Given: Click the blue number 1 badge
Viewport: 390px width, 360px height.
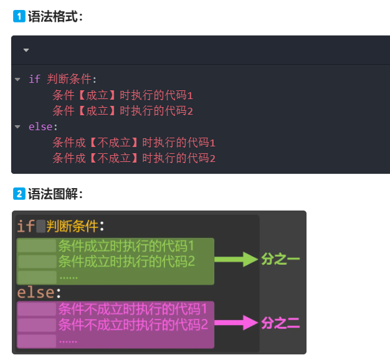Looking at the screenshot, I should pos(19,17).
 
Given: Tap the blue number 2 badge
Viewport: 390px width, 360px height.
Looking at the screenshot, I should pos(19,194).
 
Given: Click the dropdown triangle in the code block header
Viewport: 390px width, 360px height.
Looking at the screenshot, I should pos(26,50).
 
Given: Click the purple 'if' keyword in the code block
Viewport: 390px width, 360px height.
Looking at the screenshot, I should pos(34,80).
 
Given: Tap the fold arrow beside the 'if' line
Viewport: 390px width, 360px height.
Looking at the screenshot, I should pos(17,80).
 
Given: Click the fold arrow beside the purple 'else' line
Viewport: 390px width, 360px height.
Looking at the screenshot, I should pos(17,127).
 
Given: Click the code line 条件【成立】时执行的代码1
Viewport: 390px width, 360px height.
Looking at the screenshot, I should pos(123,95).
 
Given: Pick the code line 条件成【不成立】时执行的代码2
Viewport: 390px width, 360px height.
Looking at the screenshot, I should pos(134,158).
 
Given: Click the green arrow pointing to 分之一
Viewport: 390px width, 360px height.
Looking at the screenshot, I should pos(237,260).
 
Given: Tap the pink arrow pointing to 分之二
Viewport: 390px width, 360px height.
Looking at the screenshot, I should pos(237,323).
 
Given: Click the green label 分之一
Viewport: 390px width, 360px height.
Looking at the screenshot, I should pos(280,260).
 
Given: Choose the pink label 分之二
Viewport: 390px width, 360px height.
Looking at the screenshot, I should pos(280,323).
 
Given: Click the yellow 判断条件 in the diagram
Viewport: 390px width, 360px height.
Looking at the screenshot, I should pos(72,225).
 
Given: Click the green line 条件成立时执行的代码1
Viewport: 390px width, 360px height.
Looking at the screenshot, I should pos(126,245).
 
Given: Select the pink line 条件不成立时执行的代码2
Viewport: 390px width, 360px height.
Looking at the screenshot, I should pos(133,324).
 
